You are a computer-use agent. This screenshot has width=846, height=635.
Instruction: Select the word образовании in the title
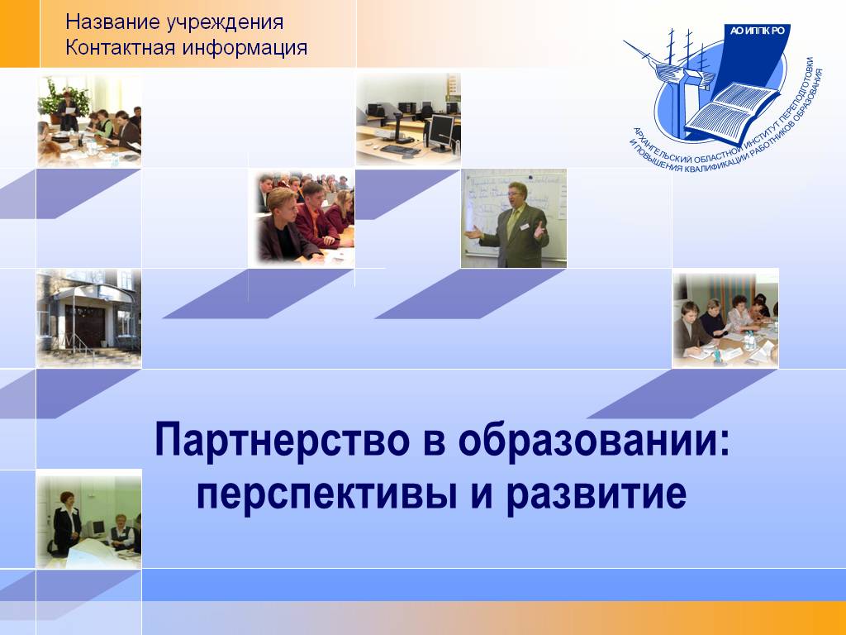(594, 441)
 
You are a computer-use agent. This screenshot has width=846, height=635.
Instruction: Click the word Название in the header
(112, 22)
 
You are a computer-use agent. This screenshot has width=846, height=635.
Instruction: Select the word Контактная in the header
(119, 47)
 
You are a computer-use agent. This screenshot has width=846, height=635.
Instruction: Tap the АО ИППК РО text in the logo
(757, 31)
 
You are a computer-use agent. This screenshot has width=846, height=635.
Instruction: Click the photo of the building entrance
(89, 318)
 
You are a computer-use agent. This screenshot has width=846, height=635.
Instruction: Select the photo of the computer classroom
(408, 119)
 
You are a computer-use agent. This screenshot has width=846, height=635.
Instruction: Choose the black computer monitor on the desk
(440, 131)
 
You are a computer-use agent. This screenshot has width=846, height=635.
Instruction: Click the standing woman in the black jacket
(66, 523)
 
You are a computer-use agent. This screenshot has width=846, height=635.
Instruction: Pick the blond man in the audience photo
(283, 226)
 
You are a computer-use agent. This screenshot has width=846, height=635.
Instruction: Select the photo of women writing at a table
(725, 318)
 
